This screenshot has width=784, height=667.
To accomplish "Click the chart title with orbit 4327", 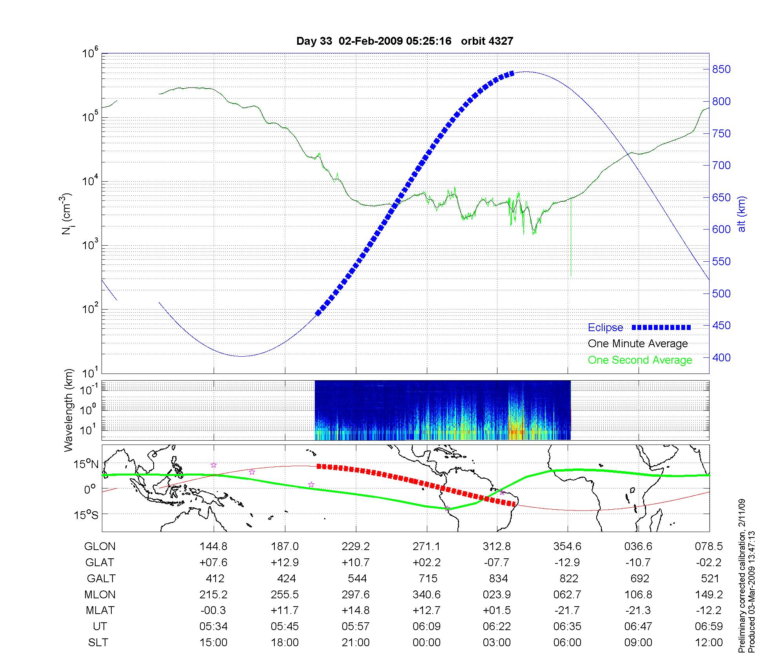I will pyautogui.click(x=405, y=41).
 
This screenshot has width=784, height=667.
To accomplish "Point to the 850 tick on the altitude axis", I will pyautogui.click(x=722, y=69).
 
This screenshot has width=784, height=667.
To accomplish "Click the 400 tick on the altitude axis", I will pyautogui.click(x=722, y=357).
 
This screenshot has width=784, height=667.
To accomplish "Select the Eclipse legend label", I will pyautogui.click(x=605, y=328).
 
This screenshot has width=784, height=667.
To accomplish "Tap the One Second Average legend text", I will pyautogui.click(x=640, y=360).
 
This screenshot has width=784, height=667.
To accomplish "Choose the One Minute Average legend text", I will pyautogui.click(x=638, y=344).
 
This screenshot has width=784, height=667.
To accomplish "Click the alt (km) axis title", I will pyautogui.click(x=742, y=214).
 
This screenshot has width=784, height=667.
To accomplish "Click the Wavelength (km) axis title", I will pyautogui.click(x=69, y=410).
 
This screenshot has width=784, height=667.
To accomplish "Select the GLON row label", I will pyautogui.click(x=100, y=546).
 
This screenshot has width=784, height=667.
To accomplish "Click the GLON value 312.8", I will pyautogui.click(x=497, y=546).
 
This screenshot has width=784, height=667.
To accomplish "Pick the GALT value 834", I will pyautogui.click(x=498, y=578).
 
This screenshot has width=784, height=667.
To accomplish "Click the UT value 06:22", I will pyautogui.click(x=497, y=627).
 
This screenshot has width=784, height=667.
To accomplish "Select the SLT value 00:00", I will pyautogui.click(x=426, y=643).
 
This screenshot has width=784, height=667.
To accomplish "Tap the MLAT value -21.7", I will pyautogui.click(x=567, y=611).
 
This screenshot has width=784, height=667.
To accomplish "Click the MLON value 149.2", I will pyautogui.click(x=709, y=594).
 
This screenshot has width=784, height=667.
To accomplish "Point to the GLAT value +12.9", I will pyautogui.click(x=285, y=562).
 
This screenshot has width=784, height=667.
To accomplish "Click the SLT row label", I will pyautogui.click(x=98, y=643).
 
